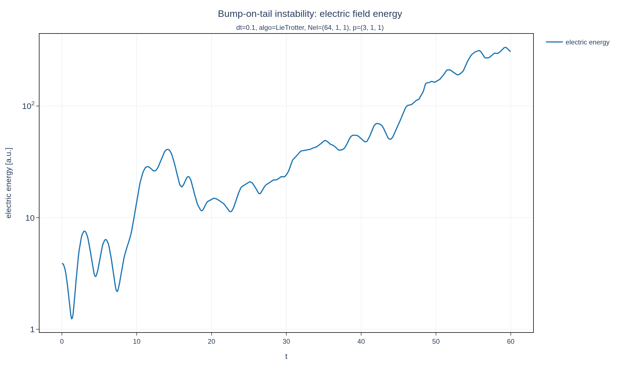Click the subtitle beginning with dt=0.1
(310, 28)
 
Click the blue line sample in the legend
(554, 42)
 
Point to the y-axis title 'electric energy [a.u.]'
(9, 183)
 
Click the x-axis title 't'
(286, 356)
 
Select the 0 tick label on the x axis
(62, 342)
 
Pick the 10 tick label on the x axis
(137, 342)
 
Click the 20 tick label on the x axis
(212, 342)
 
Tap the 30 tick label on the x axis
(286, 342)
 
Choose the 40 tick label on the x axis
(361, 342)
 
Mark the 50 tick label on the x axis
(436, 342)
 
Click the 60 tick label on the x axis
(511, 342)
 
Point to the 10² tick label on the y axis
(28, 106)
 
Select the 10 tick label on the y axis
(30, 218)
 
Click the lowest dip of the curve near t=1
(72, 319)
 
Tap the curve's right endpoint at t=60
(510, 52)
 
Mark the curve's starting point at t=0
(62, 264)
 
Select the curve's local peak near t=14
(167, 149)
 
